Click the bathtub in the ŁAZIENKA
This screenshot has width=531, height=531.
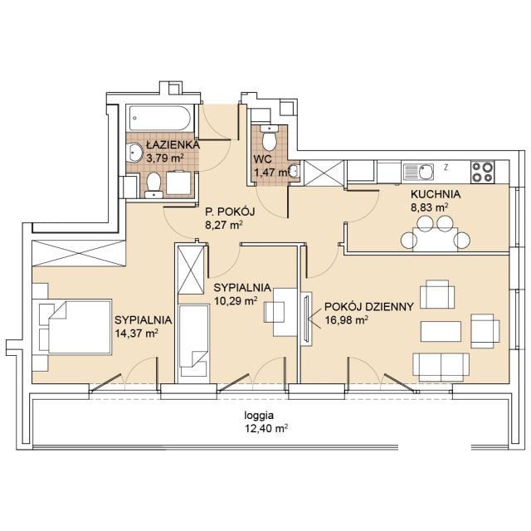coord(160,118)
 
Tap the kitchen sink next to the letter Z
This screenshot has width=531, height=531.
coord(418,172)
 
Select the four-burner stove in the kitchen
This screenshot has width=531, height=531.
coord(483,173)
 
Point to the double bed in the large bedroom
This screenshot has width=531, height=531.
coord(80,326)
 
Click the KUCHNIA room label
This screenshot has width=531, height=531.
coord(436,194)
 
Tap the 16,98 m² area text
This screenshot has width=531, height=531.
coord(347,320)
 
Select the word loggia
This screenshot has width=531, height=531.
coord(259,416)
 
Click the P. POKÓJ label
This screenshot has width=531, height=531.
coord(230,212)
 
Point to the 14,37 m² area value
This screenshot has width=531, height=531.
coord(136,334)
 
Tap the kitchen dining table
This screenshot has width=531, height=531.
coord(435,240)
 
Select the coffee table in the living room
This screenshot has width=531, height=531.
coord(441,332)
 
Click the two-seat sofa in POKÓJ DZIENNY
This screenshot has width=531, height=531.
coord(441,367)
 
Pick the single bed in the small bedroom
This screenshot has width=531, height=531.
coord(193,340)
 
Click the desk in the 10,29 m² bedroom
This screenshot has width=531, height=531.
coord(285,312)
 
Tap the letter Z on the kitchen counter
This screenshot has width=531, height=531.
coord(446,167)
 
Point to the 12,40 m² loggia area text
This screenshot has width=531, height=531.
coord(266,428)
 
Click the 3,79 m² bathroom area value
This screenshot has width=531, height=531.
coord(165,158)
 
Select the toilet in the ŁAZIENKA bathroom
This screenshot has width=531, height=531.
coord(154,185)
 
